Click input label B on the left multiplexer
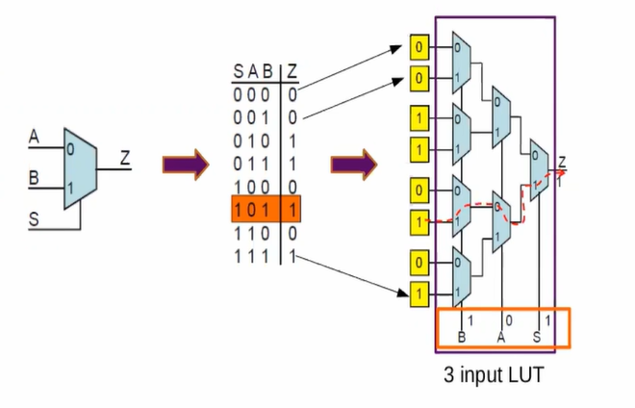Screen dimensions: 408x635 coord(34,178)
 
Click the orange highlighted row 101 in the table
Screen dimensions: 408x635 coord(259,207)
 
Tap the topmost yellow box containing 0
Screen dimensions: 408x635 coord(418,45)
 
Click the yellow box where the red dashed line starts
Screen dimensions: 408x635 coord(418,221)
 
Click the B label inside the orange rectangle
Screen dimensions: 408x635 coord(461,337)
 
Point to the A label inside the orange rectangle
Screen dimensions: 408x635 coord(500,337)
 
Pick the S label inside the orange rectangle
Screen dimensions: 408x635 coord(537,337)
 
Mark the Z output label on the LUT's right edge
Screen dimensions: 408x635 coord(562,161)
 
